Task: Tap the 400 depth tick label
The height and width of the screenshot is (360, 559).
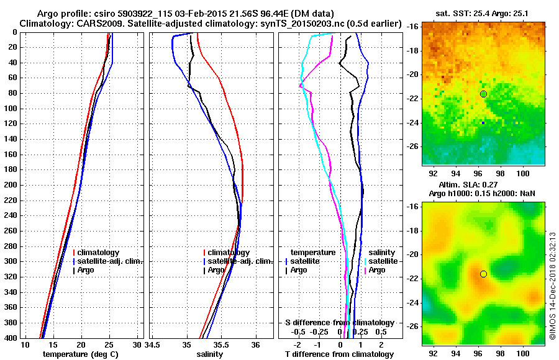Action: tap(10, 338)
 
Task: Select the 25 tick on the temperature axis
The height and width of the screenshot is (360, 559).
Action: tap(109, 344)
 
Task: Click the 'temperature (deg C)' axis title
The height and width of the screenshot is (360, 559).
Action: tap(80, 354)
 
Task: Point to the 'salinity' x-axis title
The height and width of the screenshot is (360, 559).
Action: tap(209, 354)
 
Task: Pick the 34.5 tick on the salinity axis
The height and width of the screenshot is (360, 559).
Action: tap(153, 344)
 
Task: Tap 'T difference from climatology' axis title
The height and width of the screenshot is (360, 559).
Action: tap(339, 354)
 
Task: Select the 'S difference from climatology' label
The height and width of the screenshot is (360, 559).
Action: tap(339, 323)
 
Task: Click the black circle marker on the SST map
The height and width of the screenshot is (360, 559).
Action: tap(483, 94)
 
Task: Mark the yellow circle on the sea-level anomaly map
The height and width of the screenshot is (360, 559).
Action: tap(483, 274)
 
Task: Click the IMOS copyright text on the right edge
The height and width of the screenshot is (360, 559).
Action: tap(552, 286)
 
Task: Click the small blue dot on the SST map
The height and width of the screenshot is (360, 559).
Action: tap(483, 123)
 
